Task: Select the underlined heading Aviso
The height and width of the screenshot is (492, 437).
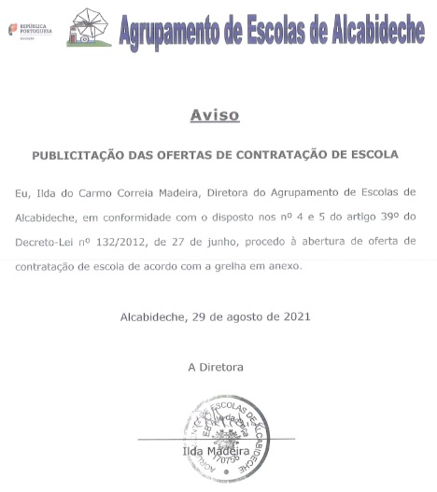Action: click(215, 116)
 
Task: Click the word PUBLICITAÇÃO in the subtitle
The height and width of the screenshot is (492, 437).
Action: click(79, 153)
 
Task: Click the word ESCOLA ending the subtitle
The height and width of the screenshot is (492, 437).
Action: click(372, 153)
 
